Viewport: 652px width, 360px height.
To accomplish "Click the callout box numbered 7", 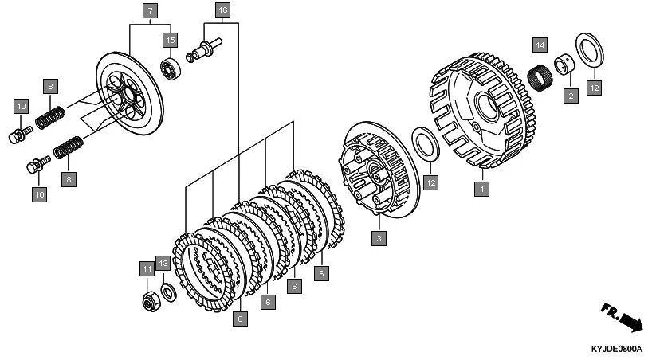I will pos(151,11).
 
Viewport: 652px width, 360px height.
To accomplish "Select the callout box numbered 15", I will pos(169,39).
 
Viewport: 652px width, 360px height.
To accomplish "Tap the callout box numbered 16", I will pos(222,10).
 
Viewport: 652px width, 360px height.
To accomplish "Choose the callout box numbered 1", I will pos(481,190).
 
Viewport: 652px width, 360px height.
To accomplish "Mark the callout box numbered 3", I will pos(379,237).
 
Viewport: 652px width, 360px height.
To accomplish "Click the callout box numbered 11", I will pos(147,269).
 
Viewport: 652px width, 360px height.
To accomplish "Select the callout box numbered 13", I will pos(163,264).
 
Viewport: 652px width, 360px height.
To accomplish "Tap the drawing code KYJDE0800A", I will pos(616,349).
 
